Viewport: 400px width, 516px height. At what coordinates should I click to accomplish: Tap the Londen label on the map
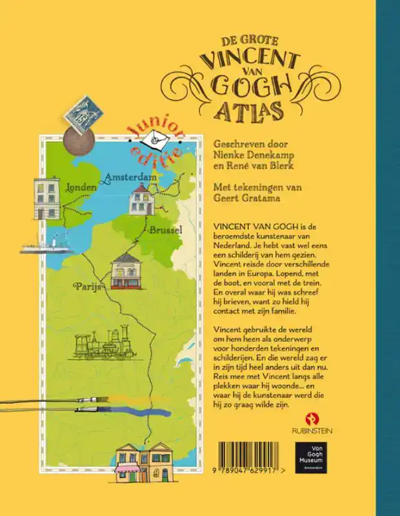point(81,187)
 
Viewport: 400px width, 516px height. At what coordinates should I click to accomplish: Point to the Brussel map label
point(166,229)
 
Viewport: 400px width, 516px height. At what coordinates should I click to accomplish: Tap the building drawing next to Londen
point(47,197)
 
